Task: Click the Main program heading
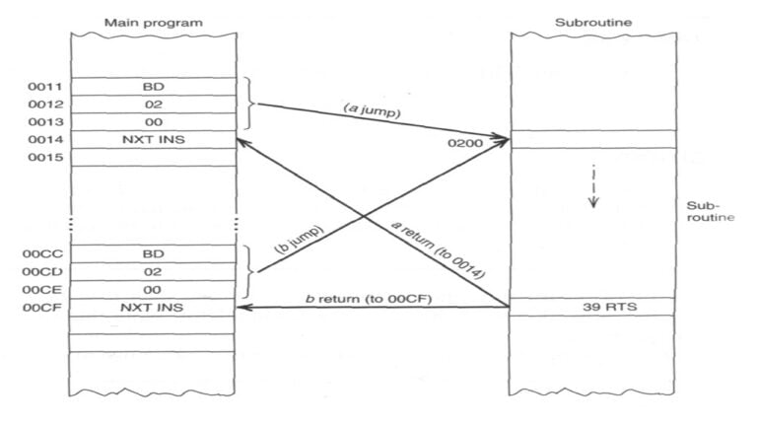[154, 21]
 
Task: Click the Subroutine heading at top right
[592, 21]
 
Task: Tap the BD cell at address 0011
[154, 87]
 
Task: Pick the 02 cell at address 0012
[154, 104]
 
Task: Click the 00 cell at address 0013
[154, 121]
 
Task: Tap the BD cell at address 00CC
[154, 254]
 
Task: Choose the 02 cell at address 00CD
[154, 271]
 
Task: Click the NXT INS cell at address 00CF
[154, 308]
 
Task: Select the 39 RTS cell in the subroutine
[592, 308]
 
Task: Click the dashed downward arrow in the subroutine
[593, 188]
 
